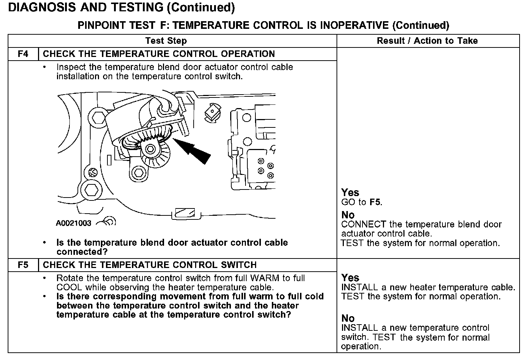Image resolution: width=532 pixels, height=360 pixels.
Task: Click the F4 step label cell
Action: pos(23,54)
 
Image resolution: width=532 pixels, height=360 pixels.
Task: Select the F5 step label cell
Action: pos(23,265)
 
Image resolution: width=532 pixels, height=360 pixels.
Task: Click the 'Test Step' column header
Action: pos(166,41)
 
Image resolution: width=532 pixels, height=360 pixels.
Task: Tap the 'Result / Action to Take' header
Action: pos(427,41)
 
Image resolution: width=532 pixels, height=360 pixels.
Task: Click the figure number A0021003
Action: pos(73,223)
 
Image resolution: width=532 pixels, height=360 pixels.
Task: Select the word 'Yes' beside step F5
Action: pos(350,278)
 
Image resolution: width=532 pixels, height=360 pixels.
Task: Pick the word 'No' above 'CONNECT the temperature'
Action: pos(348,215)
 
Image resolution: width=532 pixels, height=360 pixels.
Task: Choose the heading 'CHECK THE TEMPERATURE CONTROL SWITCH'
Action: pos(150,265)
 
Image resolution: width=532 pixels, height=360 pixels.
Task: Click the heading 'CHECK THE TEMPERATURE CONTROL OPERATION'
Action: pos(159,54)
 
